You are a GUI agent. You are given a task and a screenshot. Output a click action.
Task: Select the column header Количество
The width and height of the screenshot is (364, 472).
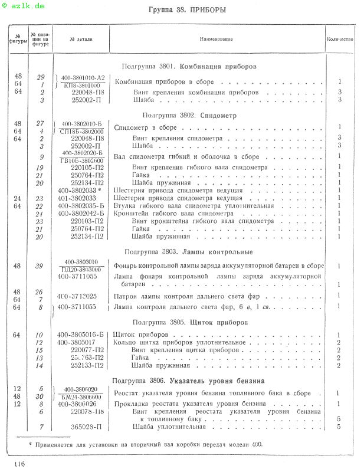point(340,39)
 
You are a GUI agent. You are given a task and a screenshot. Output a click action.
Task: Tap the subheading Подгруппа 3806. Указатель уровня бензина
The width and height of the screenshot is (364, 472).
point(188,381)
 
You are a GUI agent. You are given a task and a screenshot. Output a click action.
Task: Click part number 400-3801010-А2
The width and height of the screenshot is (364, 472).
point(83,77)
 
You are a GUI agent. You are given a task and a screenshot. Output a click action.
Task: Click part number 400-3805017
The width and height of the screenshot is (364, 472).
point(77,342)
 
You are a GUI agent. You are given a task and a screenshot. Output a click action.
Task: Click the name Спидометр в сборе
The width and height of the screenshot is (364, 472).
point(145,127)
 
